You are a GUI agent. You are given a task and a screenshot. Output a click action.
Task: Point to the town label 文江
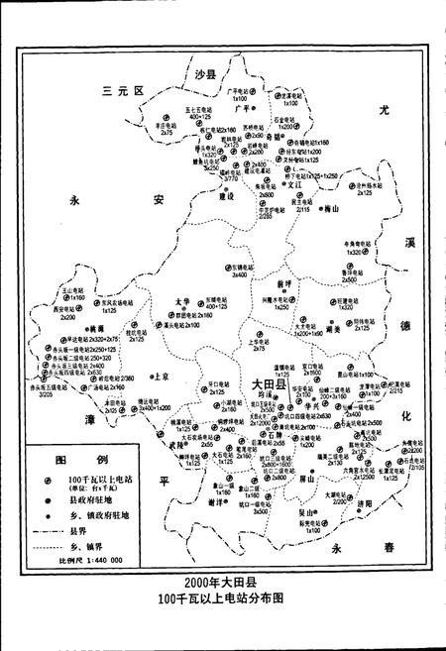point(293,184)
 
